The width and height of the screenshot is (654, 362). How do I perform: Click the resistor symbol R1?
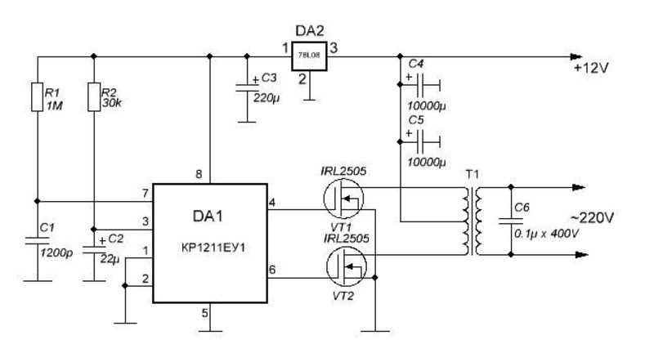point(38,96)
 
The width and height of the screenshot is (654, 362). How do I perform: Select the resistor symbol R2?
point(94,96)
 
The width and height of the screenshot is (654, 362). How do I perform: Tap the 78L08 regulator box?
point(309,56)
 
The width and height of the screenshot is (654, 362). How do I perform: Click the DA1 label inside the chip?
point(208,216)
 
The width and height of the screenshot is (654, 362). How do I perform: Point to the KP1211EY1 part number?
point(213,248)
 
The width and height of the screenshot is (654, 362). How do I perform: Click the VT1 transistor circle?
point(343,199)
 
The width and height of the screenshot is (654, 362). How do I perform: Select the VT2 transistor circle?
point(346,266)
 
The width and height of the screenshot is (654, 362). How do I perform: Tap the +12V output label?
point(591,68)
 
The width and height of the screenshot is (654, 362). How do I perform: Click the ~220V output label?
point(592,217)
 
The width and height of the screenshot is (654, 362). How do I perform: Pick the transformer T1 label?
point(473,174)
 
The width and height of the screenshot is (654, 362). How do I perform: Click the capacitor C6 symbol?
point(511,221)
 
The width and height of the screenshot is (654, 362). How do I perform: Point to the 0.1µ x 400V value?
point(546,234)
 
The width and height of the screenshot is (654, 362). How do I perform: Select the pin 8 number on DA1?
point(199,174)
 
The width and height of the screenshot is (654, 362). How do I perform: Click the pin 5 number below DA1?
point(205,313)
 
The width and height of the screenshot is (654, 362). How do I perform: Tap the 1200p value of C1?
point(56,253)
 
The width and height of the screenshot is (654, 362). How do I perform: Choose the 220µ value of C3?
point(267,98)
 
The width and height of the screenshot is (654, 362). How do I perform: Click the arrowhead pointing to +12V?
point(576,56)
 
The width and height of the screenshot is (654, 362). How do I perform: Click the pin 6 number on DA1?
point(272,270)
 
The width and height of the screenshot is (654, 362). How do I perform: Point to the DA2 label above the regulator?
point(310,31)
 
